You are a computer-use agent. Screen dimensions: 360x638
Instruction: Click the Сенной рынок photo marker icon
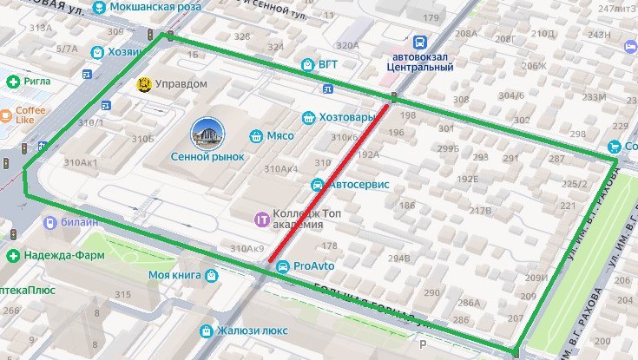tap(207, 134)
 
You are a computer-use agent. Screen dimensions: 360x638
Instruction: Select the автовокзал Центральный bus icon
tap(419, 43)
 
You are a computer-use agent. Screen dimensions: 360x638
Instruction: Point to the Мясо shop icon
tap(256, 135)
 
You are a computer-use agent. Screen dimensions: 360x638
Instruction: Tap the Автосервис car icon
tap(319, 185)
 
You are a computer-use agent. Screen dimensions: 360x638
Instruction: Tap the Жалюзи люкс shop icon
tap(207, 331)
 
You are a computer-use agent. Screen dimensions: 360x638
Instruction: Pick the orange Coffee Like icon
tap(6, 114)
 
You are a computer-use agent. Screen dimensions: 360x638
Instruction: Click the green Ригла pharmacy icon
tap(13, 82)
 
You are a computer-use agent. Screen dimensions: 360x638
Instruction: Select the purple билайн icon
tap(50, 222)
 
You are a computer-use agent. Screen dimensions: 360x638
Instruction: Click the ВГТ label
tap(328, 63)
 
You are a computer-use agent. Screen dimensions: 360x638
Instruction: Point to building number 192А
tap(368, 154)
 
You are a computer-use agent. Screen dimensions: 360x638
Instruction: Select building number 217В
tap(480, 210)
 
